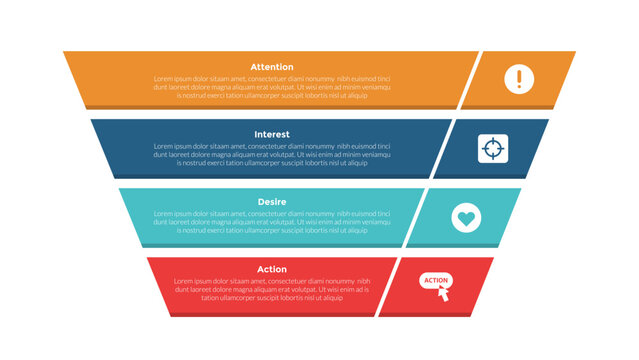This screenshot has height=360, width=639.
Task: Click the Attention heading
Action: pyautogui.click(x=272, y=67)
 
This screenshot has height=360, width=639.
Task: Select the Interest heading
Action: pyautogui.click(x=272, y=134)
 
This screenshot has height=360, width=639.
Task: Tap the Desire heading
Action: pyautogui.click(x=272, y=202)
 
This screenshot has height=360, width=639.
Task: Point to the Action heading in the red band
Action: pyautogui.click(x=272, y=269)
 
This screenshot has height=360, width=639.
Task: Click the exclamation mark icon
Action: pyautogui.click(x=519, y=79)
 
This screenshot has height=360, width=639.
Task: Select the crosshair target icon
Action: pyautogui.click(x=492, y=148)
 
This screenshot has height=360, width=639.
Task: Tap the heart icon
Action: pyautogui.click(x=465, y=216)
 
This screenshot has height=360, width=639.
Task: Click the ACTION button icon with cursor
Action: pyautogui.click(x=437, y=284)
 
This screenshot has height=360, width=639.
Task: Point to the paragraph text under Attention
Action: pyautogui.click(x=272, y=87)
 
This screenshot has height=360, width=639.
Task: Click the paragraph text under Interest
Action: pyautogui.click(x=272, y=154)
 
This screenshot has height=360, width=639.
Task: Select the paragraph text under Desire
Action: pyautogui.click(x=272, y=222)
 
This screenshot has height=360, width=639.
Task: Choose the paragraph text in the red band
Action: pyautogui.click(x=272, y=289)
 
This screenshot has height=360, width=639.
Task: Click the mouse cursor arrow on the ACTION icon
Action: pyautogui.click(x=444, y=293)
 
